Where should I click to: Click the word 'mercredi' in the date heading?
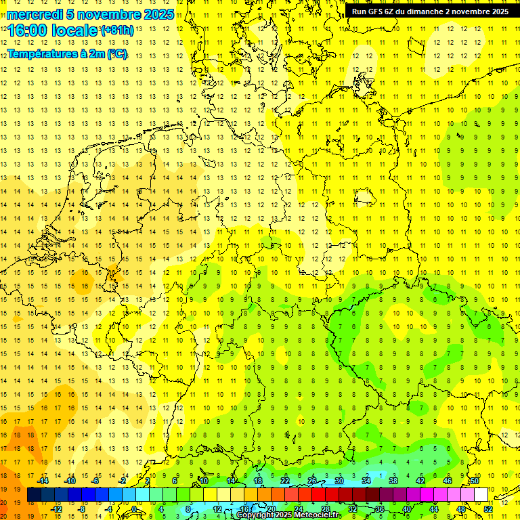35,14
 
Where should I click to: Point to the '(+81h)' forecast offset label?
116,30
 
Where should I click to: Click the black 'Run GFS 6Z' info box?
430,12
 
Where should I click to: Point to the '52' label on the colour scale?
487,508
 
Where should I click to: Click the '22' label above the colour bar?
284,481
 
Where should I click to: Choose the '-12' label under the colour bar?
57,508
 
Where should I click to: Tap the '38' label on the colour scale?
393,481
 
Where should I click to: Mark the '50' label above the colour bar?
475,481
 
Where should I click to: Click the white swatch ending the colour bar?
481,495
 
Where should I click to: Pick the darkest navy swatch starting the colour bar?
34,495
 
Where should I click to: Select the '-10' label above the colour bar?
70,481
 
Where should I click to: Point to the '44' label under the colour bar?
433,508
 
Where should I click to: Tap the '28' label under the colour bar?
325,508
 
